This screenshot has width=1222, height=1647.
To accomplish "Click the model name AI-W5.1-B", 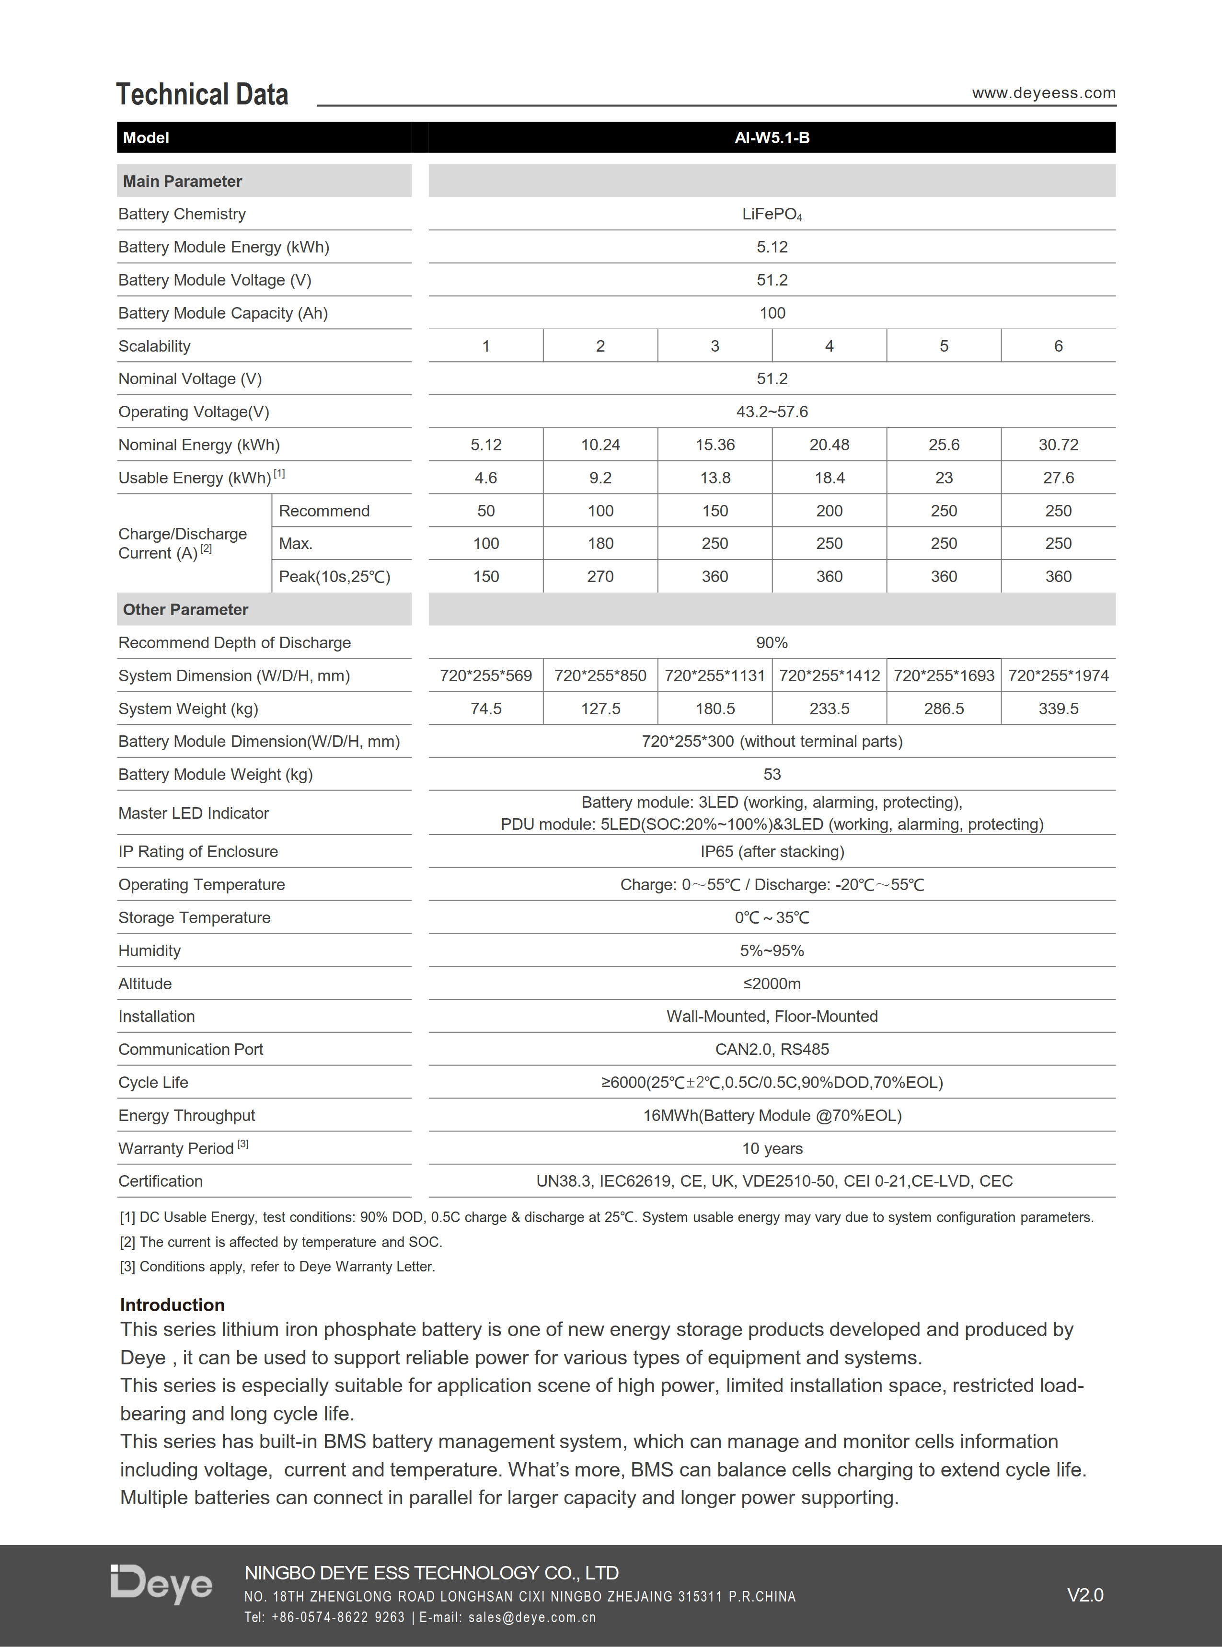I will tap(772, 137).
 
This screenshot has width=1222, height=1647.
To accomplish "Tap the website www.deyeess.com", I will tap(1043, 93).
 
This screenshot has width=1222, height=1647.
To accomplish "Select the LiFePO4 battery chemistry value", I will tap(772, 215).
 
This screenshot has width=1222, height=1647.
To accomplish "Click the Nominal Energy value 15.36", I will tap(715, 445).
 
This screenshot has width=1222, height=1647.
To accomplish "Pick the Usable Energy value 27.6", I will tap(1058, 478).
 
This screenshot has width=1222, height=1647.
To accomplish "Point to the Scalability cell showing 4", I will tap(829, 346).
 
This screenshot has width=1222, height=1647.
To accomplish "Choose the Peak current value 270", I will tap(600, 576).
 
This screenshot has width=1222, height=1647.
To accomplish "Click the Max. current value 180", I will tap(600, 544).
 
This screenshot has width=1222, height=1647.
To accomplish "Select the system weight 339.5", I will tap(1058, 709).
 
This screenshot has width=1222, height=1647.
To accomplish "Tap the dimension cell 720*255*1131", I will tap(715, 675).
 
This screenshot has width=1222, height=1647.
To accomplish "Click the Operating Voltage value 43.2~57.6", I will tap(772, 412).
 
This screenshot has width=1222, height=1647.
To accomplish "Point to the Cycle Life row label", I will tap(153, 1082).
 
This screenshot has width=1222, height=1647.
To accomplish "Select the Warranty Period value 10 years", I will tap(772, 1148).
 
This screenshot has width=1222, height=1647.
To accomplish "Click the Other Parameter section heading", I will tap(185, 609).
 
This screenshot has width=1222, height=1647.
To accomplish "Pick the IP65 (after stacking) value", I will tap(772, 851).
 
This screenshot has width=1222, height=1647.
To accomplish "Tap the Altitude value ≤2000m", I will tap(772, 984).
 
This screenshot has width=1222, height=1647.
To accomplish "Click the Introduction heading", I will tap(173, 1304).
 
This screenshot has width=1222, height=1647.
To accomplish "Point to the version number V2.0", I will tap(1084, 1594).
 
